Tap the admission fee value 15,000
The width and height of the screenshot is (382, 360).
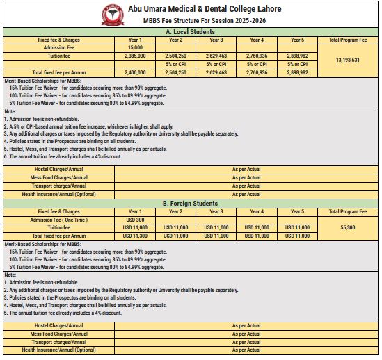135,47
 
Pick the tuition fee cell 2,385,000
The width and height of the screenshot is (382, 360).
135,54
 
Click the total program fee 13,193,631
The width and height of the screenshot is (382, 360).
352,59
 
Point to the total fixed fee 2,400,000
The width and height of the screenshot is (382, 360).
135,72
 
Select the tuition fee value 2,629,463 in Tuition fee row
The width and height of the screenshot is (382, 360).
216,54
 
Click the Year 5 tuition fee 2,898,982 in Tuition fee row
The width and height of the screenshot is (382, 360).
298,54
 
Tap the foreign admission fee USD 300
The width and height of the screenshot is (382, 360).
135,219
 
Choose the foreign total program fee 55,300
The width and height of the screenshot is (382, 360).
352,227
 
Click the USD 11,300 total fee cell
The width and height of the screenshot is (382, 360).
135,236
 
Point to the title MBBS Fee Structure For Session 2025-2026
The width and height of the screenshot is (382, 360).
201,20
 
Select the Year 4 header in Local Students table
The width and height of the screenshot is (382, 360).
257,40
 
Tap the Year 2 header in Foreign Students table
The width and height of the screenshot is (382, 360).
175,211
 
